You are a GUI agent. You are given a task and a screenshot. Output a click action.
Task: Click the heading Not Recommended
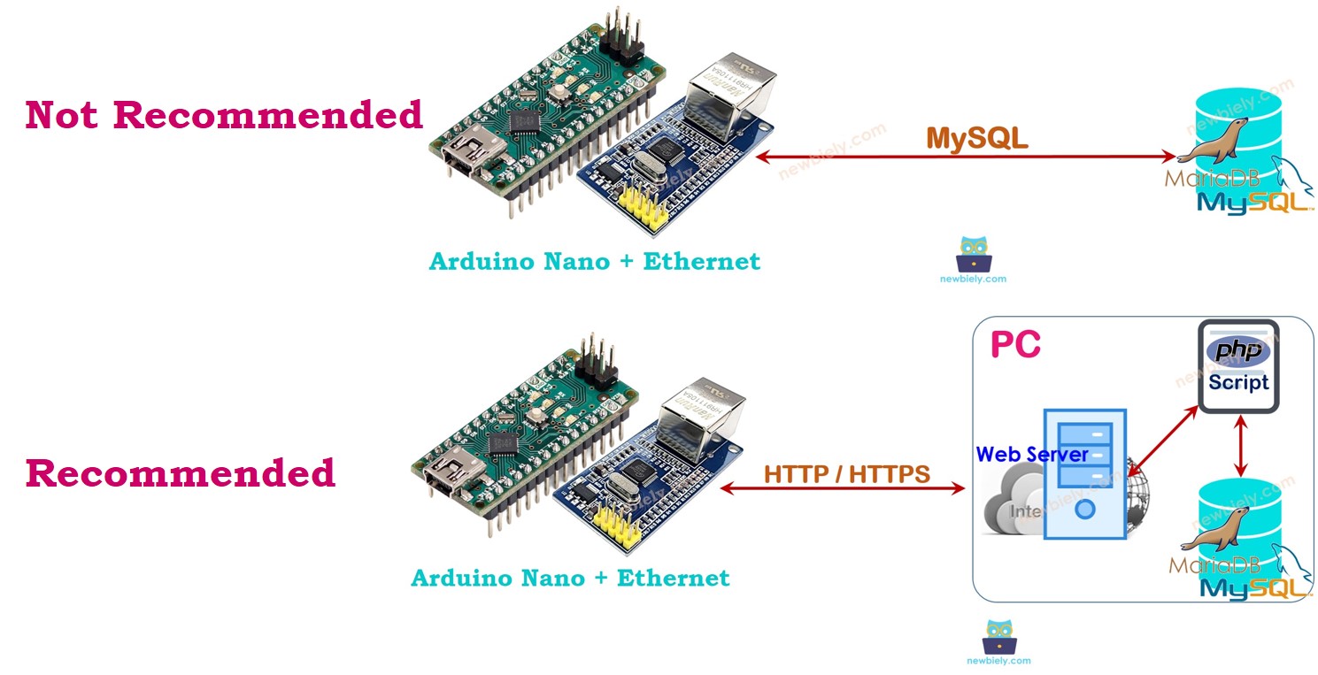[x=224, y=116]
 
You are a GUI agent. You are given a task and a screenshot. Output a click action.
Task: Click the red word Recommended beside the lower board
[x=181, y=473]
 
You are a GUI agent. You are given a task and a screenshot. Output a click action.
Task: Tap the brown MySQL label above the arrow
[x=976, y=137]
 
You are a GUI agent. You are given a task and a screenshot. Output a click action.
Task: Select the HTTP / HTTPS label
[x=847, y=474]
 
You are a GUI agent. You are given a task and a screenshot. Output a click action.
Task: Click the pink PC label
[x=1015, y=345]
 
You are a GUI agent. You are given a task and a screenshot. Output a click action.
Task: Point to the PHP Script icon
[x=1238, y=366]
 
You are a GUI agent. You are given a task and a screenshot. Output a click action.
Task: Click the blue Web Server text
[x=1032, y=455]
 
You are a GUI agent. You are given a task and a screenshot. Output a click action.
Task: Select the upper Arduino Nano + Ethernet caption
[x=594, y=262]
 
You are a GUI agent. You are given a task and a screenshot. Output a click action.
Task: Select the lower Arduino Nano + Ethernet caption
[x=570, y=579]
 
